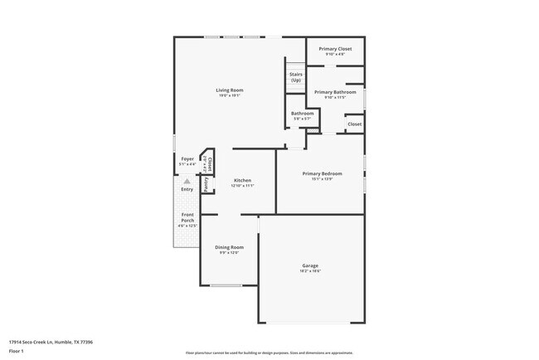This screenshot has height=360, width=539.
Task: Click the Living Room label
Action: [x=230, y=90]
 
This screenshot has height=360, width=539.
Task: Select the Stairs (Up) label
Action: [x=295, y=77]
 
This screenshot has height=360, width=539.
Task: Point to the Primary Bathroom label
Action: [x=334, y=92]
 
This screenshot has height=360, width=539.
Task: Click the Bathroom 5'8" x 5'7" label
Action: [x=302, y=114]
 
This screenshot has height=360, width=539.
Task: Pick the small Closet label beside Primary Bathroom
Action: [x=354, y=124]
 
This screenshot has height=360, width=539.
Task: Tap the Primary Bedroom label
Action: [x=321, y=173]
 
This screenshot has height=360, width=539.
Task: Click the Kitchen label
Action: [x=242, y=180]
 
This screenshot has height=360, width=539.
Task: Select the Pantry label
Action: [x=206, y=183]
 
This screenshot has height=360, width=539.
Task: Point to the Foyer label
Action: [x=187, y=159]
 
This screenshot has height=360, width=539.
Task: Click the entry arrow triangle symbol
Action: [x=187, y=181]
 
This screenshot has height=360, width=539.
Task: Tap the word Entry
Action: [x=187, y=189]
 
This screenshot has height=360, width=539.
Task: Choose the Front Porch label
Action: [x=188, y=219]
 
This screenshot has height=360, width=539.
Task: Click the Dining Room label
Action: [x=230, y=247]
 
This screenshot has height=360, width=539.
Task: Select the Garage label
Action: [x=310, y=266]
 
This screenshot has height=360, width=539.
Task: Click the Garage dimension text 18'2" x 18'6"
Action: [x=310, y=271]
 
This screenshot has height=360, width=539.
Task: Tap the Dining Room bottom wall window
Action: [x=225, y=285]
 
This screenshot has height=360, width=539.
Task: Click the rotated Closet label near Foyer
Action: [x=209, y=163]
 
